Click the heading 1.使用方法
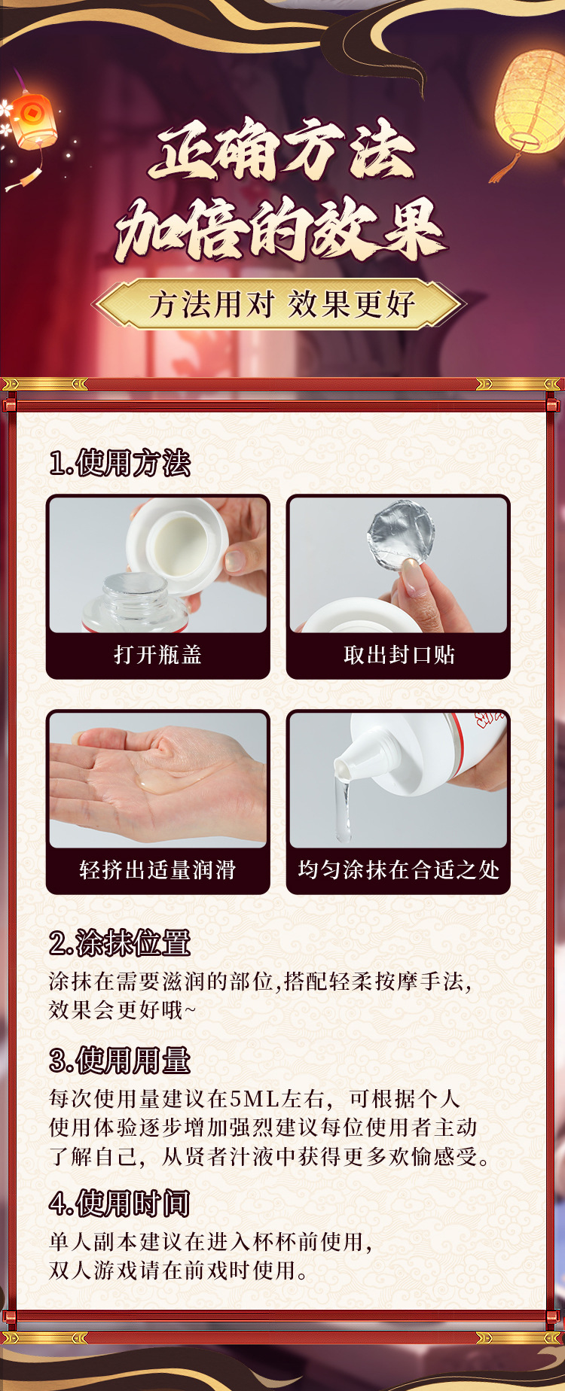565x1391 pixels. tap(120, 463)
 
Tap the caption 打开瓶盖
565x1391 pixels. tap(158, 655)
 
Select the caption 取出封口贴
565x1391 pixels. tap(399, 655)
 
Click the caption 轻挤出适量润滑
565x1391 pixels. tap(158, 870)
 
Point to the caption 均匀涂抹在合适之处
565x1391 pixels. tap(399, 870)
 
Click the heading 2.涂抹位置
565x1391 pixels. tap(120, 942)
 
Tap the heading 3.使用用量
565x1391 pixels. tap(120, 1060)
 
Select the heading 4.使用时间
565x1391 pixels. tap(120, 1203)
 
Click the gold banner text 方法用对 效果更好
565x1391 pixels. tap(282, 305)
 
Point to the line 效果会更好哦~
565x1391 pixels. tap(122, 1009)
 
